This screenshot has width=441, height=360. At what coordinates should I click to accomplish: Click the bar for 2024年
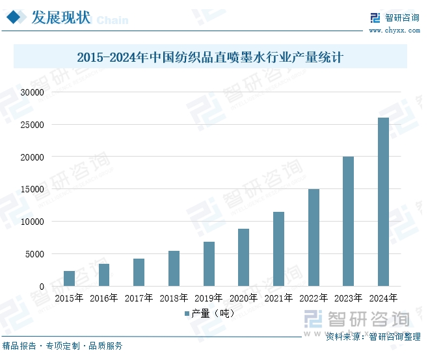tap(383, 201)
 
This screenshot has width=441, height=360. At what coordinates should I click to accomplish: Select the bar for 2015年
tap(69, 278)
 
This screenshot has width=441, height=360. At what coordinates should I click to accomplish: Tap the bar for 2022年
tap(314, 237)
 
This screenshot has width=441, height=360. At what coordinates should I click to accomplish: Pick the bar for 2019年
tap(209, 264)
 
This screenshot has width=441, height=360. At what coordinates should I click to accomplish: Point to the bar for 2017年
tap(139, 272)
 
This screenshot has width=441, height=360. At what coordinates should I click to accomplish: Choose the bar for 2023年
tap(349, 221)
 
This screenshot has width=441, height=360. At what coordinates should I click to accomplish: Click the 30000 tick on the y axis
tap(31, 92)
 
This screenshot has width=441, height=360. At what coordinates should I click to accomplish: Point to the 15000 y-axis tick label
tap(31, 189)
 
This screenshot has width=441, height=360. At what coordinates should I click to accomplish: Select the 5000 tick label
tap(34, 254)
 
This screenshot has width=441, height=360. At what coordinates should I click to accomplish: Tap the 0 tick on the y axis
tap(41, 287)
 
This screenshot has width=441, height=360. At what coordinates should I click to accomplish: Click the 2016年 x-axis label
tap(104, 298)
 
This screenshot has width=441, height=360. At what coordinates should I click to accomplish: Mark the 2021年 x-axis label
tap(278, 298)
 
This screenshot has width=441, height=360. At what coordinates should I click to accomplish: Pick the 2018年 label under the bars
tap(174, 298)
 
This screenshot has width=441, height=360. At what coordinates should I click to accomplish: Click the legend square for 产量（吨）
tap(186, 313)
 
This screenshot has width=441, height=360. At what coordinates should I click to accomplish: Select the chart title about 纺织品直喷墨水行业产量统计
tap(209, 57)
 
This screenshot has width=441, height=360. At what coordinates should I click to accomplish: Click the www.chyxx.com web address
tap(394, 30)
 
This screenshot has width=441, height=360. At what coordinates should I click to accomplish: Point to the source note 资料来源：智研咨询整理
tap(373, 337)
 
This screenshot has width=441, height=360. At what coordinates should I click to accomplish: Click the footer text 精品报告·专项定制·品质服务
tap(62, 346)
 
